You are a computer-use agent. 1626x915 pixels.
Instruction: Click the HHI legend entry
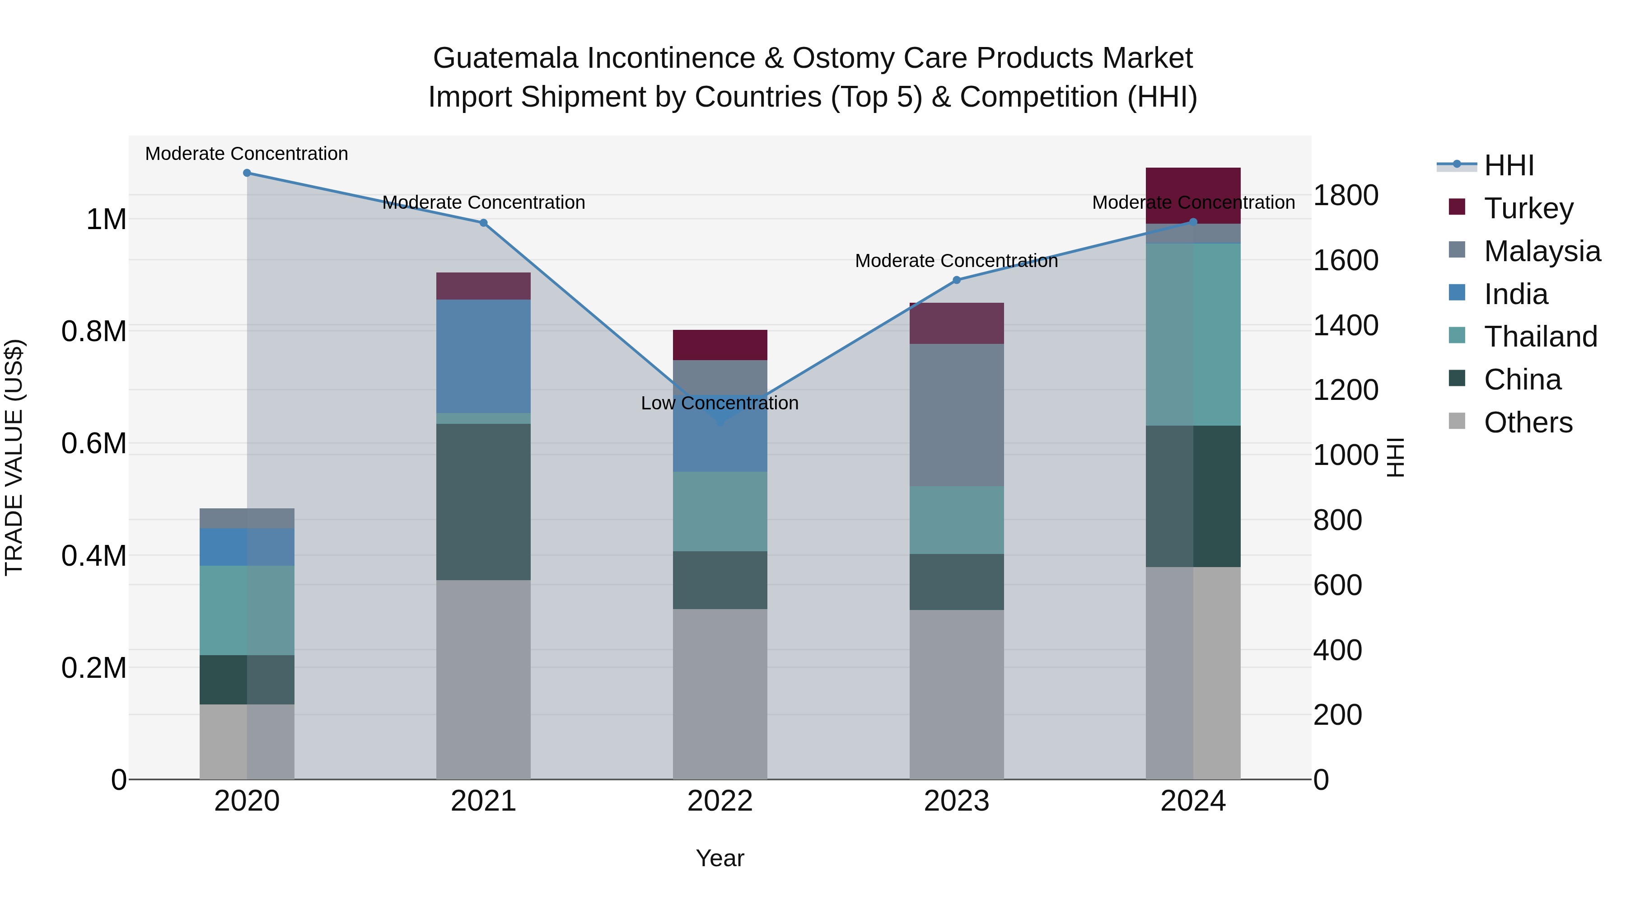click(1509, 165)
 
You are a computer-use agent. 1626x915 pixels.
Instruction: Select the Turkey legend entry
click(1528, 208)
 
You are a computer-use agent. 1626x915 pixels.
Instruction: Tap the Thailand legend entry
click(1540, 337)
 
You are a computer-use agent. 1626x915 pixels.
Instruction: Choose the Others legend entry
click(1528, 422)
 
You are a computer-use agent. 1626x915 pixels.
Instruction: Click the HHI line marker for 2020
click(247, 173)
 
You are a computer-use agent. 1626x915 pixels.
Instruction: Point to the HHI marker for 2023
click(956, 280)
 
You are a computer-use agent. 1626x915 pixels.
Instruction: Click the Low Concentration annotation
click(720, 403)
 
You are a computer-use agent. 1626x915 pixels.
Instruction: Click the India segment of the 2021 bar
click(483, 356)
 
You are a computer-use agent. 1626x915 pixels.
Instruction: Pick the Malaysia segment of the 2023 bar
click(956, 415)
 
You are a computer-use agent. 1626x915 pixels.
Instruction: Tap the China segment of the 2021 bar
click(483, 502)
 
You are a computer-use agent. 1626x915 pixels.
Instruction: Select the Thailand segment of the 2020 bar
click(247, 610)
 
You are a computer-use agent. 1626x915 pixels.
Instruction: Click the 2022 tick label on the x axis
click(720, 801)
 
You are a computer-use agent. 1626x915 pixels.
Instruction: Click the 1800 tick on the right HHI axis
click(1345, 195)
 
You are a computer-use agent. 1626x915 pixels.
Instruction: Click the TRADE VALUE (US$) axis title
click(14, 457)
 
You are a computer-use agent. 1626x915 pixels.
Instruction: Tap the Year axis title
click(720, 858)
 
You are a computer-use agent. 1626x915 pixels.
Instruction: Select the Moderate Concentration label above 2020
click(247, 154)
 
